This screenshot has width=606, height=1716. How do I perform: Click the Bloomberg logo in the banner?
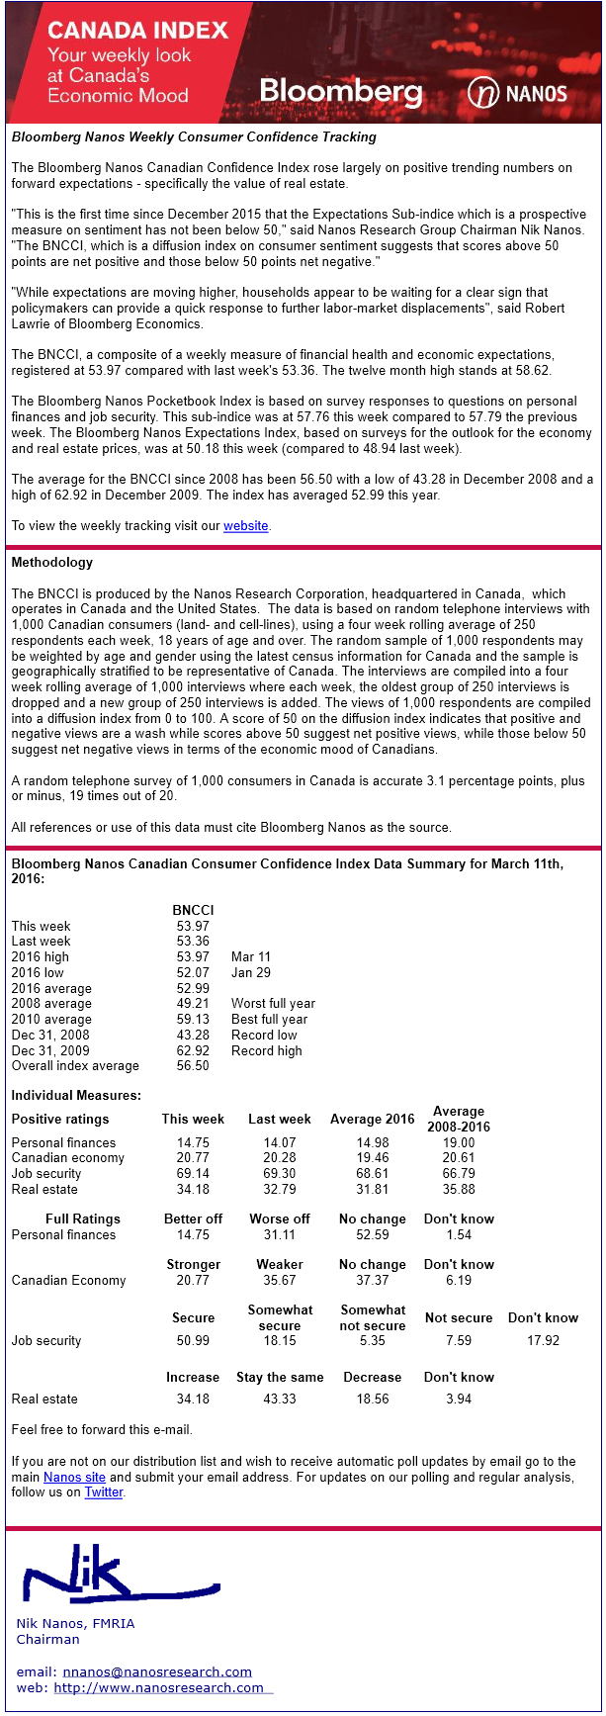click(x=341, y=93)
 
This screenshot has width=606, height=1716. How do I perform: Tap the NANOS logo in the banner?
click(x=518, y=94)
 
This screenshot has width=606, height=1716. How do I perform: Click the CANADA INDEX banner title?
click(x=137, y=31)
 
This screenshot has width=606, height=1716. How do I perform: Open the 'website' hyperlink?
click(x=246, y=526)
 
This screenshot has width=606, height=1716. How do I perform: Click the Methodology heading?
click(x=51, y=563)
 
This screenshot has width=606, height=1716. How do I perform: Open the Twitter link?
click(x=104, y=1492)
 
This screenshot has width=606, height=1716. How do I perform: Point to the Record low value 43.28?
click(x=193, y=1036)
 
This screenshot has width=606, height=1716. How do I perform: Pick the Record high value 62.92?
click(x=193, y=1051)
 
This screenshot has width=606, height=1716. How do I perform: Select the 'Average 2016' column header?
click(x=373, y=1120)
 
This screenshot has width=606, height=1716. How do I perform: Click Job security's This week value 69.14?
click(x=193, y=1174)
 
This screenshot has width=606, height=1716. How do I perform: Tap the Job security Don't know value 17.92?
click(x=543, y=1341)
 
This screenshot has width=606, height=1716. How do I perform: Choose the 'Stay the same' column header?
click(x=280, y=1378)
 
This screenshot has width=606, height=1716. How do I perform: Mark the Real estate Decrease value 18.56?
click(x=373, y=1400)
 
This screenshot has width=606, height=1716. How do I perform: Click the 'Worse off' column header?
click(x=280, y=1219)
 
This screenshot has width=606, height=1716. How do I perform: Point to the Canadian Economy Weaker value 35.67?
click(x=280, y=1281)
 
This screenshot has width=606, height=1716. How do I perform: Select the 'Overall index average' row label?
click(x=75, y=1066)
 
